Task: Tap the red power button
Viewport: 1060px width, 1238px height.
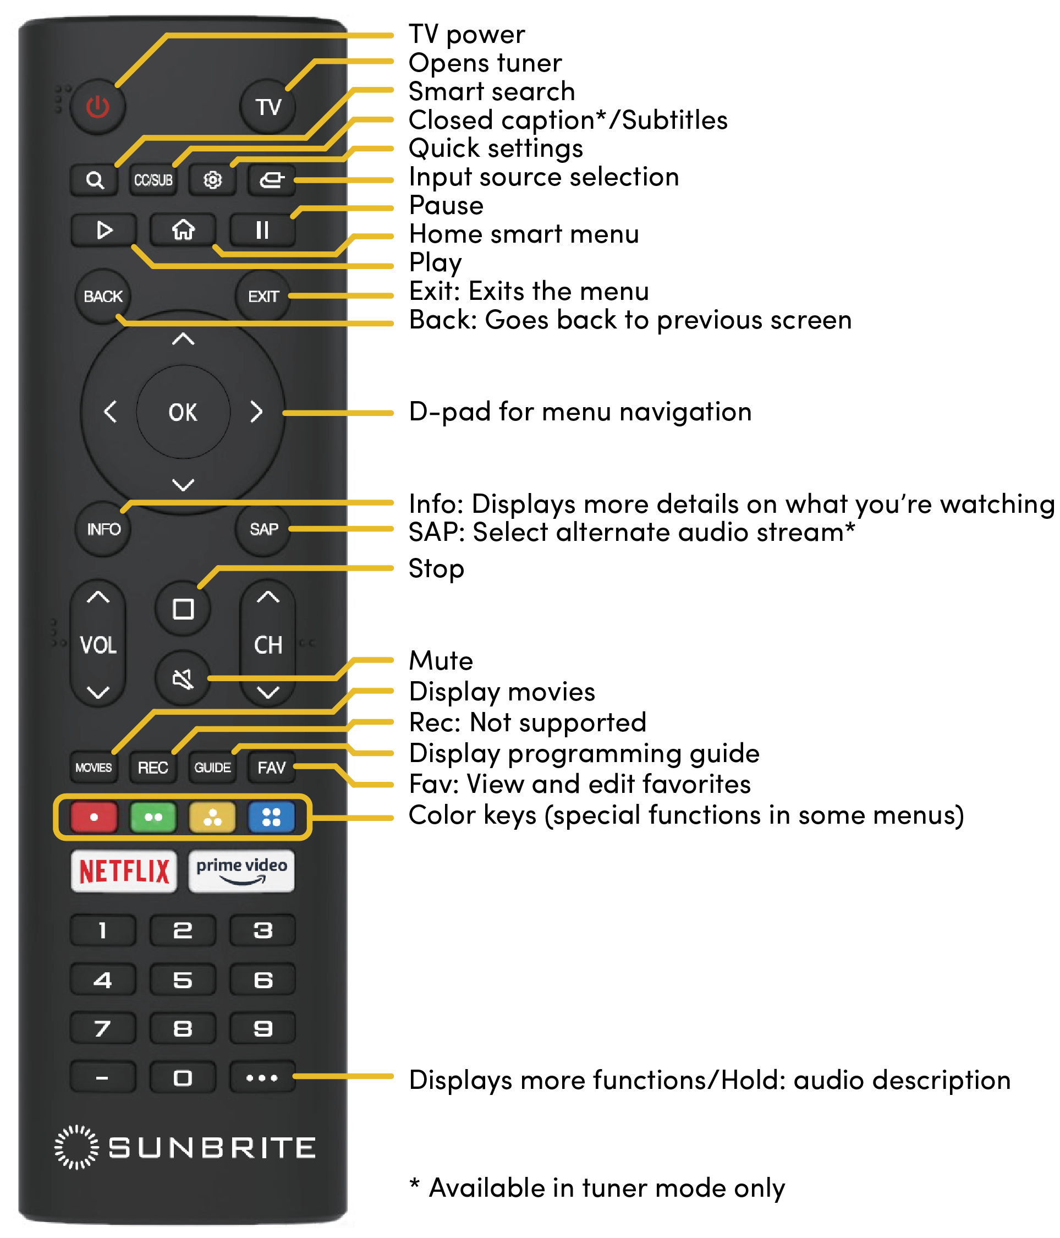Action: (97, 107)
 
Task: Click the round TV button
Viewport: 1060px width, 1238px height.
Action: (268, 107)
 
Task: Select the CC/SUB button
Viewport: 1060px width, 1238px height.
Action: (153, 180)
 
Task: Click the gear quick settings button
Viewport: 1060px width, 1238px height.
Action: (212, 180)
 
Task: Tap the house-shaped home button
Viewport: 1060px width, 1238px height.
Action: (183, 230)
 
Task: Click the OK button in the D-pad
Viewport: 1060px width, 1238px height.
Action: (183, 412)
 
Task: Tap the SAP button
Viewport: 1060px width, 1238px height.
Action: (263, 529)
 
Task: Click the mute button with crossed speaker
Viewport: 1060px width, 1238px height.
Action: (183, 679)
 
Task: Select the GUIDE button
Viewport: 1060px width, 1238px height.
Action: (212, 768)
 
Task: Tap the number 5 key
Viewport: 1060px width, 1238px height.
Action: (183, 980)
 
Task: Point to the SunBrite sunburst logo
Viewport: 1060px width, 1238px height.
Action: (76, 1148)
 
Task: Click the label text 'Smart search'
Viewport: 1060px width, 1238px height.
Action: (491, 91)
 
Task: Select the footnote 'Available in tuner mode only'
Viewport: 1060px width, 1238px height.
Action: (597, 1188)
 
